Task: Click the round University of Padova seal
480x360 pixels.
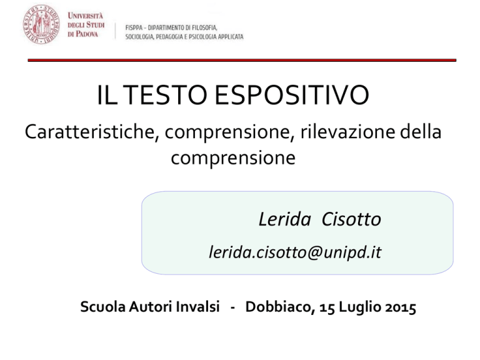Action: pyautogui.click(x=42, y=24)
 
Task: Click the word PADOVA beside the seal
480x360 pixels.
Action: pyautogui.click(x=87, y=34)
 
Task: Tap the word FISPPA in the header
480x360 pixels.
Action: pyautogui.click(x=134, y=28)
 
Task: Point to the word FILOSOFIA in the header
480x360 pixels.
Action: pyautogui.click(x=205, y=28)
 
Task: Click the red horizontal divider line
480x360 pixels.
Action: pyautogui.click(x=242, y=60)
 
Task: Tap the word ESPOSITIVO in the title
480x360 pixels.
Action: pyautogui.click(x=292, y=95)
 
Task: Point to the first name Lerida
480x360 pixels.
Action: pyautogui.click(x=285, y=219)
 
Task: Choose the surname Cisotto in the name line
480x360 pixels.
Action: pyautogui.click(x=351, y=219)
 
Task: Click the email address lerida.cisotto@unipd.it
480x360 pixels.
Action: pyautogui.click(x=295, y=252)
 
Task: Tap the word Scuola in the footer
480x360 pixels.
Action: pyautogui.click(x=103, y=306)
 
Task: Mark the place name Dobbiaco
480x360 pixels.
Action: pyautogui.click(x=280, y=307)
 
